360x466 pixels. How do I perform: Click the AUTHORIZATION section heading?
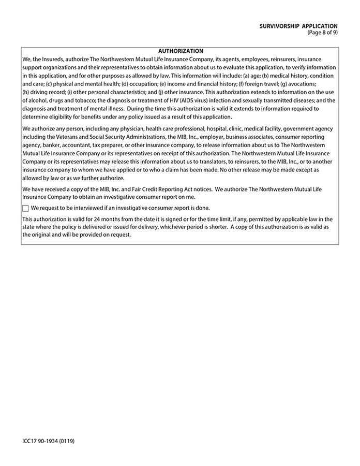point(180,51)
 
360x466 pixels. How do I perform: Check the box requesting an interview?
point(26,208)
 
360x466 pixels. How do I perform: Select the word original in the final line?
point(43,235)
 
